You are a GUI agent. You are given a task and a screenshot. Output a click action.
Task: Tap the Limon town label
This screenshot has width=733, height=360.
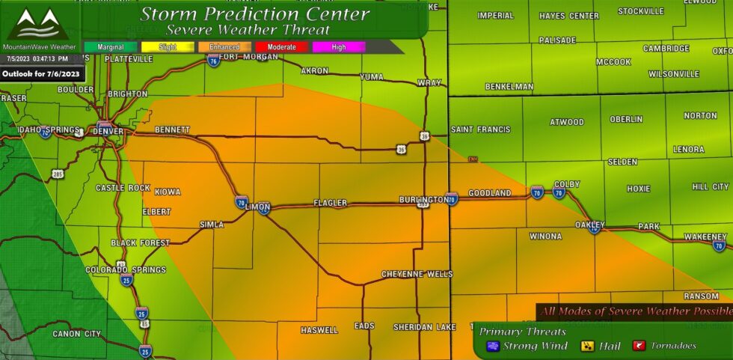[x=257, y=207]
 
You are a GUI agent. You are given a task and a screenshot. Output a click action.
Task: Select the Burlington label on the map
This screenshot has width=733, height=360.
[x=423, y=200]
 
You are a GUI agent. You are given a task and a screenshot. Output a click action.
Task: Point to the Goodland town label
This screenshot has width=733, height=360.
[x=489, y=193]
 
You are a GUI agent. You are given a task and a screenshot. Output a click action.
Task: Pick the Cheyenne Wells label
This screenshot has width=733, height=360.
[x=417, y=274]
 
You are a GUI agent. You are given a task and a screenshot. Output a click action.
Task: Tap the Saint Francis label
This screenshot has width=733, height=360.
[x=480, y=129]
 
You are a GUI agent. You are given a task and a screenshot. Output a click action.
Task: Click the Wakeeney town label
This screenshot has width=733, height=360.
[x=706, y=237]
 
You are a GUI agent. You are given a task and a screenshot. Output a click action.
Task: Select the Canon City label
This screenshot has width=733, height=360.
[x=76, y=334]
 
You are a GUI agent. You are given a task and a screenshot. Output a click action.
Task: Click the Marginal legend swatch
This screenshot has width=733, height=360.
[x=110, y=47]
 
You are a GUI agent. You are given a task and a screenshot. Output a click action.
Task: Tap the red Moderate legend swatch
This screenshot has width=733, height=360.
[x=282, y=47]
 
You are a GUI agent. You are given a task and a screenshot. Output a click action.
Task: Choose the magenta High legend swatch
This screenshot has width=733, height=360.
[x=339, y=47]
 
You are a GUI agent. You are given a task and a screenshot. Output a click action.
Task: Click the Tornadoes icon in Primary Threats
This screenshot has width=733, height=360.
[x=640, y=346]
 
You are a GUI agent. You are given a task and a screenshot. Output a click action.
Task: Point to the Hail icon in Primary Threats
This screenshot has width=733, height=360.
[x=588, y=346]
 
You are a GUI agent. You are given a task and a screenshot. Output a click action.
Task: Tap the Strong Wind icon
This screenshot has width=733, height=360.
[x=493, y=346]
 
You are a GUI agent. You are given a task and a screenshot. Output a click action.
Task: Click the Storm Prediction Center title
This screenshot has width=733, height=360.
[x=255, y=13]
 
